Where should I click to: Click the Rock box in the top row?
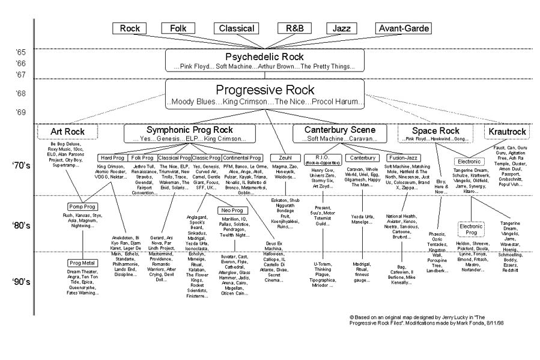pos(130,28)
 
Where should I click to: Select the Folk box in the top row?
pos(178,28)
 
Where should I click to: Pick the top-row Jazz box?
pos(342,28)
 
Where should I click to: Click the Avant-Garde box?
pos(401,28)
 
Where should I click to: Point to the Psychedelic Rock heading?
pos(264,56)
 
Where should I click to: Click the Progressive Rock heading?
pos(264,90)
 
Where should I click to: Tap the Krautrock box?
pos(508,132)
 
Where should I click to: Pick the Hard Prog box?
pos(111,157)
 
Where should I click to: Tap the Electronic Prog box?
pos(471,230)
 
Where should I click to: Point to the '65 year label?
pos(20,53)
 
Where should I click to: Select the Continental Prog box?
pos(242,157)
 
